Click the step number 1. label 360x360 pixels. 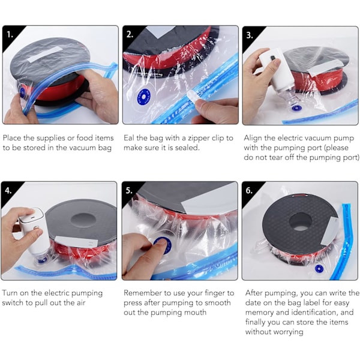tap(10, 35)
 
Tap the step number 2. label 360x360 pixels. tap(130, 35)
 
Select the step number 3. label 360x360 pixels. tap(250, 35)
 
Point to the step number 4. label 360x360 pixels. tap(8, 191)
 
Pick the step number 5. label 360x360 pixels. tap(129, 191)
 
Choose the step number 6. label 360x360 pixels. tap(249, 191)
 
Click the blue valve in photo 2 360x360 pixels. tap(143, 97)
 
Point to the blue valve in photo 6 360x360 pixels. tap(319, 269)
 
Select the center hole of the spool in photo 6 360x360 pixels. tap(301, 222)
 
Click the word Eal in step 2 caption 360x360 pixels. tap(128, 138)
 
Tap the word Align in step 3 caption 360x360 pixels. tap(253, 139)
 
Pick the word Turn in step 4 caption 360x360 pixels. tap(10, 293)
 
